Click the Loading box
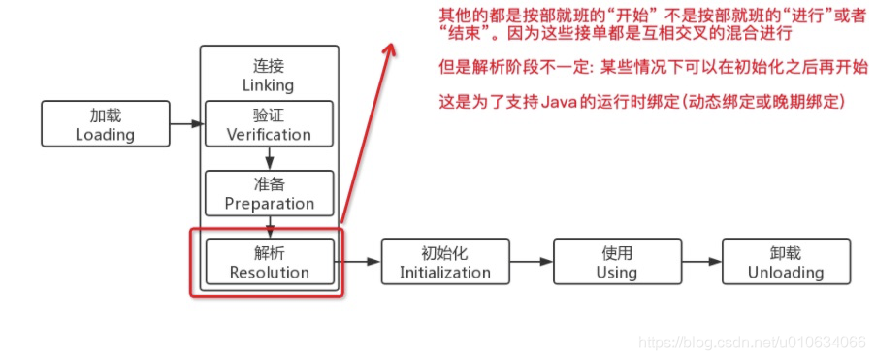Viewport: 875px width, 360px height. (105, 123)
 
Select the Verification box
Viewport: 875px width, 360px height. (270, 123)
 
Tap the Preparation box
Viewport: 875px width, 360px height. (270, 193)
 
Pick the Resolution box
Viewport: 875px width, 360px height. (270, 262)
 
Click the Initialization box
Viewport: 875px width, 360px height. (445, 262)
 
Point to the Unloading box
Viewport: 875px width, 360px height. (787, 262)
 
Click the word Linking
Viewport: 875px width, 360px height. (269, 85)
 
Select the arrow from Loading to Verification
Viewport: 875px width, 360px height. (185, 123)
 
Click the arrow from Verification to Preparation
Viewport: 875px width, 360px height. (270, 158)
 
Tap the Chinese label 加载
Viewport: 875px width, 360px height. (105, 115)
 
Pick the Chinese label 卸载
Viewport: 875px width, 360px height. (787, 252)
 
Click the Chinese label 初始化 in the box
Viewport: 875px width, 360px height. (445, 252)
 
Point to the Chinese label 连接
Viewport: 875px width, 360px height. (269, 66)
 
